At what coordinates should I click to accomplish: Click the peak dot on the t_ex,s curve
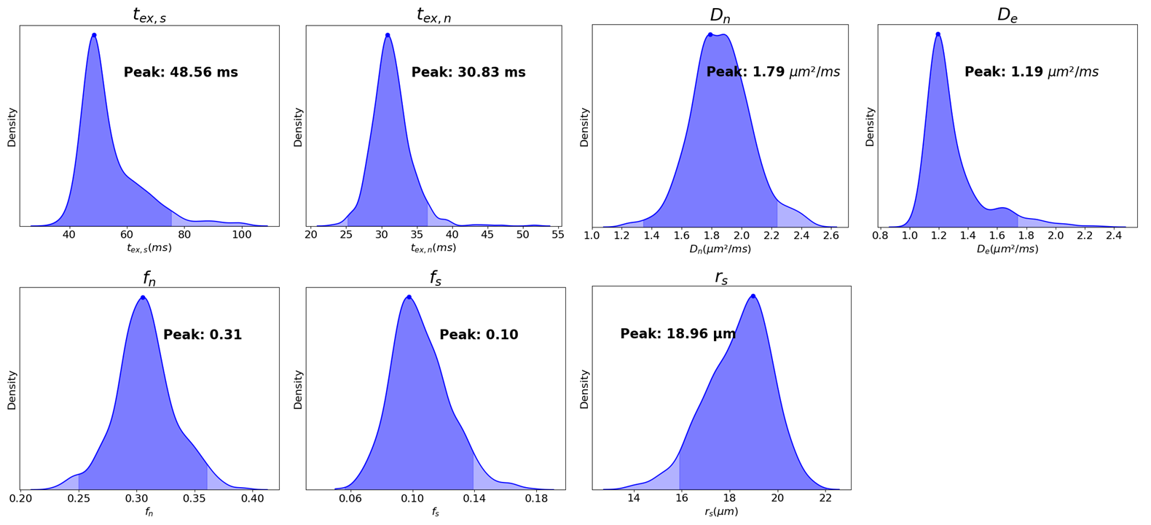coord(94,35)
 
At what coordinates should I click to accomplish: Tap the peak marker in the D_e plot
coord(938,34)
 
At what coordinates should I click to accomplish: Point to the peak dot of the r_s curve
coord(753,296)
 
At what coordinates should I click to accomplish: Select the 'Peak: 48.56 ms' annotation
coord(181,72)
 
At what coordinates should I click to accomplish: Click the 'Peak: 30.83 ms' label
coord(468,72)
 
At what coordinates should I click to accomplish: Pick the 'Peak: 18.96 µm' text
coord(678,334)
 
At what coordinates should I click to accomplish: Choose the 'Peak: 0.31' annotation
coord(203,335)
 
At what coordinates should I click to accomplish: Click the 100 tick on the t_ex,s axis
coord(242,235)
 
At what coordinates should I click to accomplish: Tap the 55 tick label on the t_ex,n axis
coord(558,235)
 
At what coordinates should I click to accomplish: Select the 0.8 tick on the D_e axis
coord(881,236)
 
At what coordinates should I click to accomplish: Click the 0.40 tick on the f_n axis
coord(252,498)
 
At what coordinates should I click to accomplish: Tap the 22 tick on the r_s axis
coord(825,498)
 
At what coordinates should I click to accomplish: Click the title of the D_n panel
coord(720,15)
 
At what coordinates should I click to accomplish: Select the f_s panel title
coord(435,279)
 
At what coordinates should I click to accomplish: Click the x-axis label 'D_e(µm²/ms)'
coord(1007,249)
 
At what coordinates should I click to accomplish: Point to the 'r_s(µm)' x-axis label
coord(721,512)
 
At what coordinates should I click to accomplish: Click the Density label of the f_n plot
coord(12,390)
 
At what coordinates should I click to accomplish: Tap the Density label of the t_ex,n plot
coord(298,128)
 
